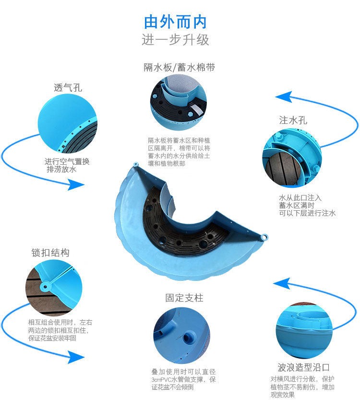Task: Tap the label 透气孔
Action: point(68,88)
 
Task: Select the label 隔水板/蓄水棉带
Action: point(179,67)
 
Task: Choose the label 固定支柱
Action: point(184,298)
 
